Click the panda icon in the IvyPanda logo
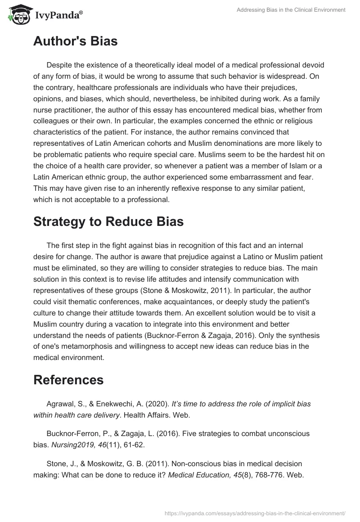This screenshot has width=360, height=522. pos(18,15)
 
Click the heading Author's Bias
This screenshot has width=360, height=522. pos(75,41)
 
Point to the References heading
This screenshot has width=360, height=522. pos(68,379)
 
